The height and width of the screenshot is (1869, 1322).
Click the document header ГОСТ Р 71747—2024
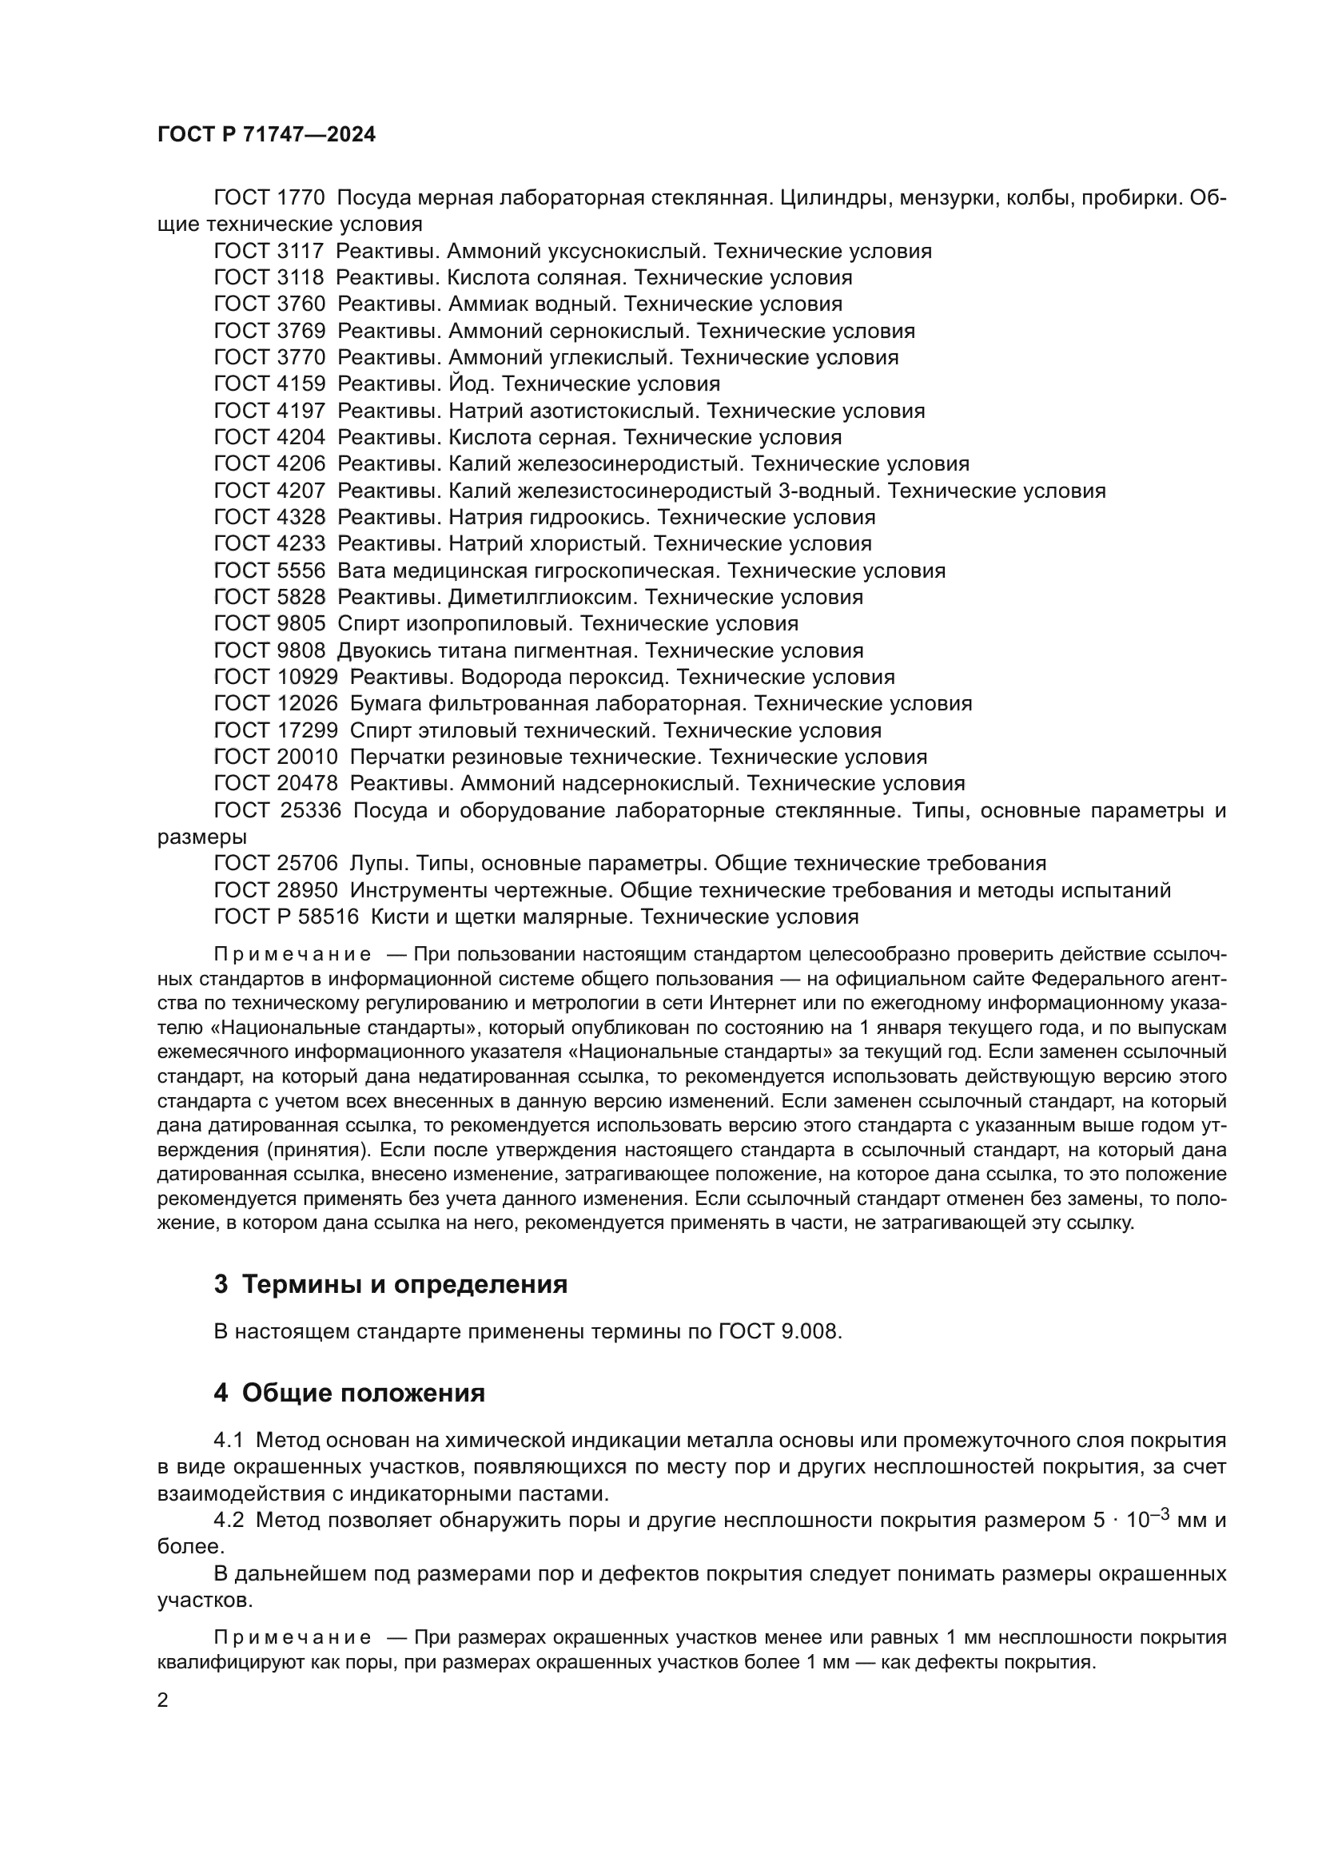[266, 135]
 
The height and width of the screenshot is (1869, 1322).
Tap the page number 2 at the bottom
[163, 1700]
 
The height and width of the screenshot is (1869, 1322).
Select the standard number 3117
[301, 251]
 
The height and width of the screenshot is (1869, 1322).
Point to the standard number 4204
[301, 437]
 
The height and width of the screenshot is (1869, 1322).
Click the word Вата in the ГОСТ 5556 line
[360, 571]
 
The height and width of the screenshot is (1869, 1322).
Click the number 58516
[328, 917]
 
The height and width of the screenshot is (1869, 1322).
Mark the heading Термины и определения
[404, 1285]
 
